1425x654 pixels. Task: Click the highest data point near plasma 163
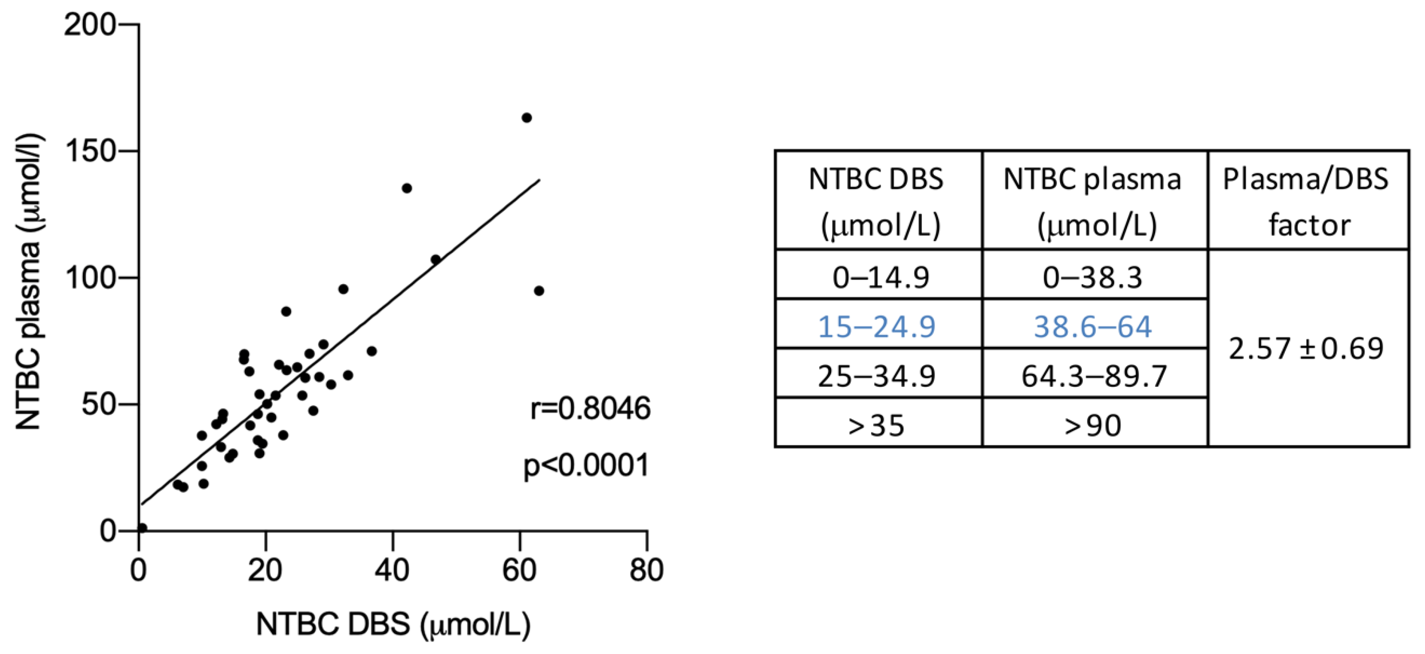(x=527, y=118)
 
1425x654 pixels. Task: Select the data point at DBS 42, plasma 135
(x=406, y=188)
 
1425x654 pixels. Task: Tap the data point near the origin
(x=142, y=528)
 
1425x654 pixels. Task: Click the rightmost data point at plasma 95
(x=539, y=291)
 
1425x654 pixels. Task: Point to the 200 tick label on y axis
(x=89, y=25)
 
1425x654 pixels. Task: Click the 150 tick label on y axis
(x=89, y=151)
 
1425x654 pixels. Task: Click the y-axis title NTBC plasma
(x=28, y=282)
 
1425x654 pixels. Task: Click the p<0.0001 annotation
(x=586, y=465)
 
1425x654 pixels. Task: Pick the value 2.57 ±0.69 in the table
(x=1306, y=348)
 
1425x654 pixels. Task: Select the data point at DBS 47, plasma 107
(x=435, y=260)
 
